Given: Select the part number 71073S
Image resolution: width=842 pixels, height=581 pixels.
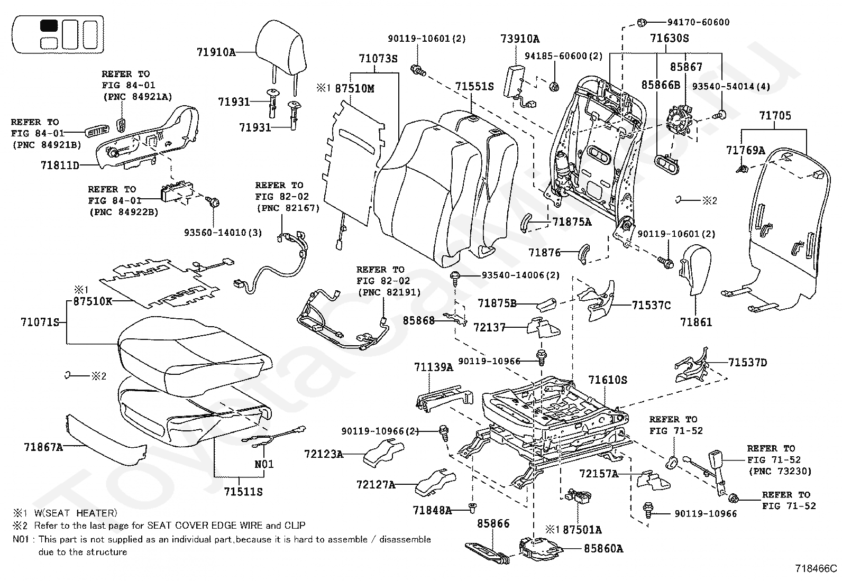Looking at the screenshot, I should pyautogui.click(x=378, y=59).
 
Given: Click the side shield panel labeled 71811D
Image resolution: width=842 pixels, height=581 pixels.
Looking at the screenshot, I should pyautogui.click(x=143, y=137).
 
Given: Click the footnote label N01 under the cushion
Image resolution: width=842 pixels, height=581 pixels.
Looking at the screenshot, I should pyautogui.click(x=264, y=464).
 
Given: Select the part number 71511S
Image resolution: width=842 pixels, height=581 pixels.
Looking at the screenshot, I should pyautogui.click(x=243, y=492).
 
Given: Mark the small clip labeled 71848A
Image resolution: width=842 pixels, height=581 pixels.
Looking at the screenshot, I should pyautogui.click(x=472, y=509).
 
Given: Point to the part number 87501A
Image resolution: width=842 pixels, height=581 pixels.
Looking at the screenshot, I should pyautogui.click(x=582, y=530).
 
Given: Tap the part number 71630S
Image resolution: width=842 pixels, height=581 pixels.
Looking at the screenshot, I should pyautogui.click(x=670, y=38).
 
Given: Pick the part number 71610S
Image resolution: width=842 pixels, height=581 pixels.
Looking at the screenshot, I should pyautogui.click(x=608, y=380).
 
